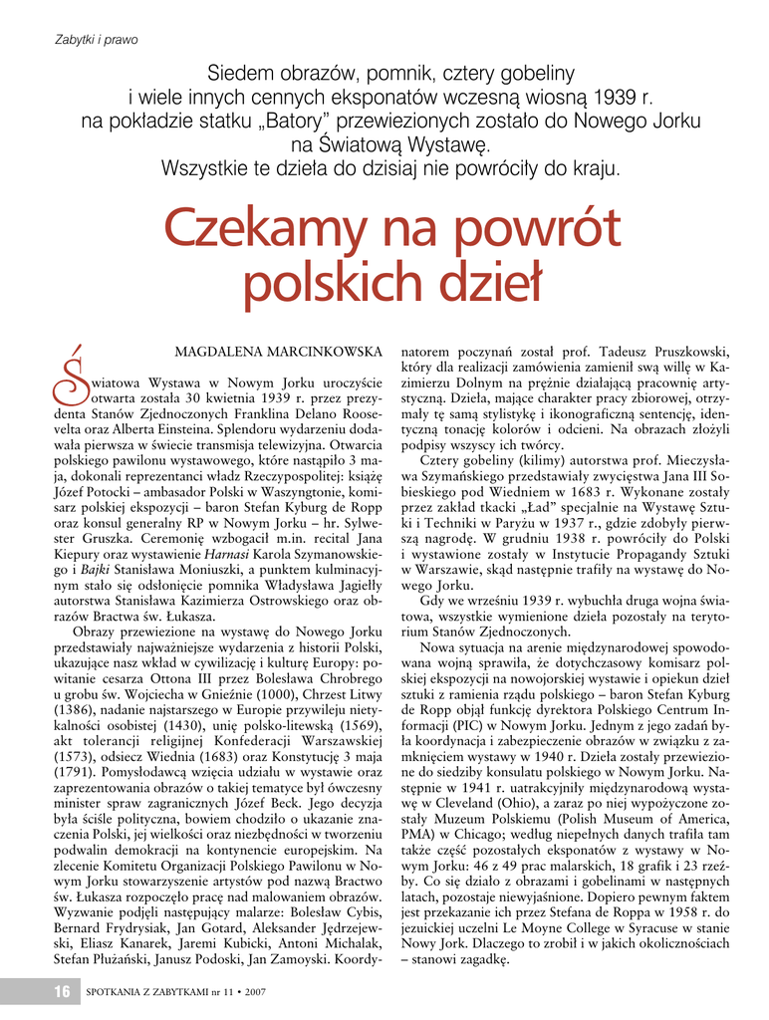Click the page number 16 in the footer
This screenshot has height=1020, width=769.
(x=62, y=991)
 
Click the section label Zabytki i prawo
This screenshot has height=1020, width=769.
(x=95, y=40)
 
